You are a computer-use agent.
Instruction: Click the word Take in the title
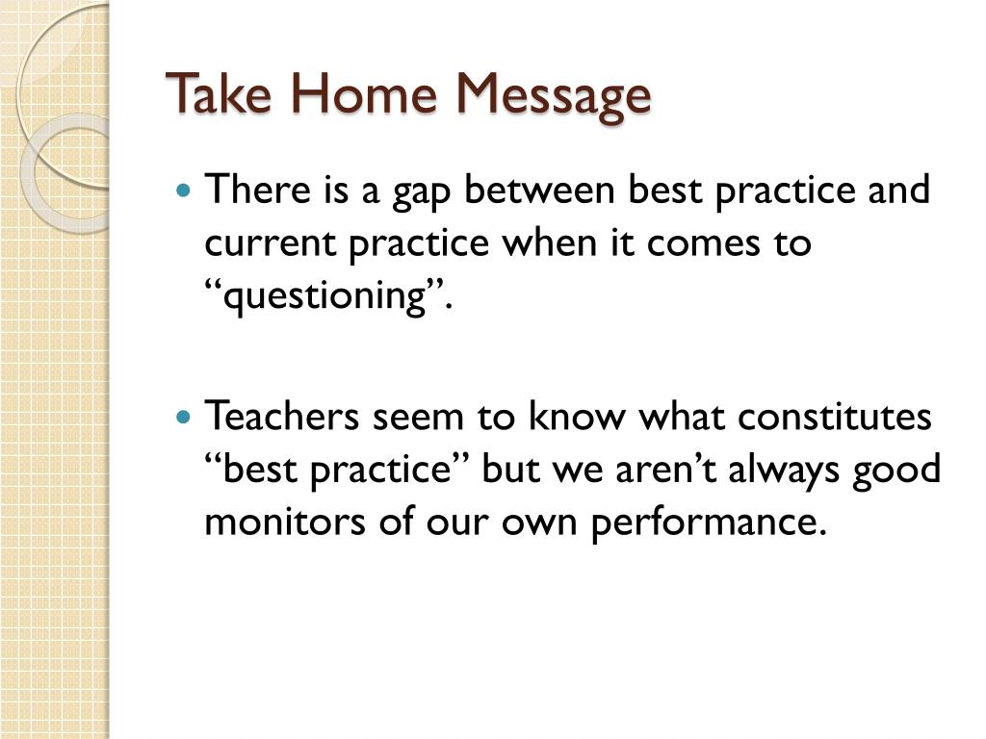pyautogui.click(x=220, y=93)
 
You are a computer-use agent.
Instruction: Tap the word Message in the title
pyautogui.click(x=553, y=96)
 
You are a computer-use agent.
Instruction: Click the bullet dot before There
pyautogui.click(x=183, y=189)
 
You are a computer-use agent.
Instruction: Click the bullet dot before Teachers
pyautogui.click(x=183, y=416)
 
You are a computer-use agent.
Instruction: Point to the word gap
pyautogui.click(x=421, y=192)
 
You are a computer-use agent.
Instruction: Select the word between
pyautogui.click(x=539, y=189)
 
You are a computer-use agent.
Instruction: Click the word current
pyautogui.click(x=270, y=243)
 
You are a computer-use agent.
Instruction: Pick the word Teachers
pyautogui.click(x=281, y=415)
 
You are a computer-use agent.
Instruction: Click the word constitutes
pyautogui.click(x=834, y=416)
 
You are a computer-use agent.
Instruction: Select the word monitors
pyautogui.click(x=285, y=522)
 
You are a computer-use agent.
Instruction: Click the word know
pyautogui.click(x=578, y=415)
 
